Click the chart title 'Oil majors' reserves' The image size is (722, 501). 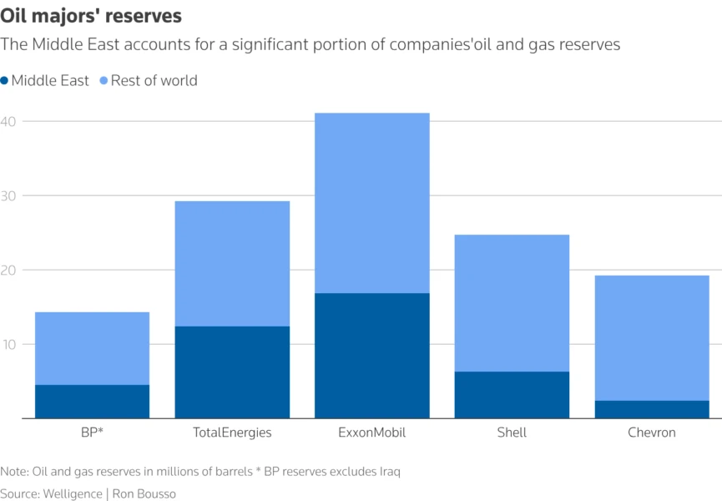(91, 16)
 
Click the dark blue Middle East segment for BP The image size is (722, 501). (92, 402)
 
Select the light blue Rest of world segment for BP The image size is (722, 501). (92, 348)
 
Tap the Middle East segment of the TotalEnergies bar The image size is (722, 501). (232, 372)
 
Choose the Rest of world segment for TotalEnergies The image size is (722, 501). (232, 264)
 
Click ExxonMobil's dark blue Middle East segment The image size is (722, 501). (371, 356)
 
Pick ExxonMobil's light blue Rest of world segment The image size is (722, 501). (371, 203)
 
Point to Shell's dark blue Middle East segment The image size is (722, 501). (512, 395)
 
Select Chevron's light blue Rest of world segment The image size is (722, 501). (651, 338)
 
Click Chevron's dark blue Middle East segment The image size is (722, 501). (651, 409)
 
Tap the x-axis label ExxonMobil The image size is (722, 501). (371, 433)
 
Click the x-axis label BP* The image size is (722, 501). (92, 433)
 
